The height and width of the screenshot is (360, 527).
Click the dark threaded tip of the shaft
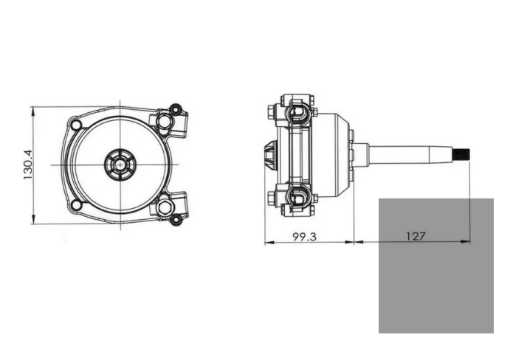tap(462, 155)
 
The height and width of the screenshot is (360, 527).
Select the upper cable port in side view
tap(296, 113)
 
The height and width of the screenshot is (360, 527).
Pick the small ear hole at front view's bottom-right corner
tap(175, 218)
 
